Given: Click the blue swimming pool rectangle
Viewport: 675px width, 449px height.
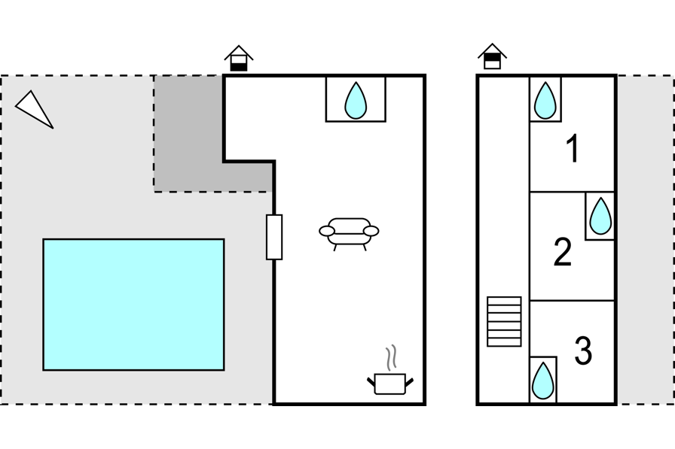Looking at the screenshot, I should coord(133,305).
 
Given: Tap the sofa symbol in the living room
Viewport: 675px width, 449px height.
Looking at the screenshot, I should coord(349,232).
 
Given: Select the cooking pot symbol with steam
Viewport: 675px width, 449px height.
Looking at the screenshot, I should coord(390,383).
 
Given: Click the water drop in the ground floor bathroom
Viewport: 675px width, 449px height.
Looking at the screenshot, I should coord(356,101).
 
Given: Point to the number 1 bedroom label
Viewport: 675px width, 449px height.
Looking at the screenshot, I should coord(573,149).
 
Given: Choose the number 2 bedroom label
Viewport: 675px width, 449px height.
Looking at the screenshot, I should coord(563,252).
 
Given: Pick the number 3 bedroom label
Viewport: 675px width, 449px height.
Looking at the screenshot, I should coord(583,350).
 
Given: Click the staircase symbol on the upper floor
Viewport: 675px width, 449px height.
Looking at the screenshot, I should coord(504,321).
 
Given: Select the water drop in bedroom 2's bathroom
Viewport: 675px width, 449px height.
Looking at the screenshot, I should coord(600,217).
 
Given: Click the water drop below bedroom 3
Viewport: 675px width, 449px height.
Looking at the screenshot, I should coord(543,381).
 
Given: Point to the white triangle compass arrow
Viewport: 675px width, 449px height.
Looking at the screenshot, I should coord(33,108).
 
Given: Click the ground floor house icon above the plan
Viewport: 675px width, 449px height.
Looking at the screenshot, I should coord(239,59).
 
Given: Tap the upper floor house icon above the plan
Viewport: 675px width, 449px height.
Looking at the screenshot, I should coord(492,57).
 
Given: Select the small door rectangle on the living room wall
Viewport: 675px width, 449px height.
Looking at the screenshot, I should coord(274,237).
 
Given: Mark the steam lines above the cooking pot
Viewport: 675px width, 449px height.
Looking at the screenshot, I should coord(390,356).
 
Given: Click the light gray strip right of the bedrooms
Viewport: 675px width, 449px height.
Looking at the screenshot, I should coord(644,239).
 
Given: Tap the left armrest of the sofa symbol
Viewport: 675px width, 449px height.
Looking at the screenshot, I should coord(326,232).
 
